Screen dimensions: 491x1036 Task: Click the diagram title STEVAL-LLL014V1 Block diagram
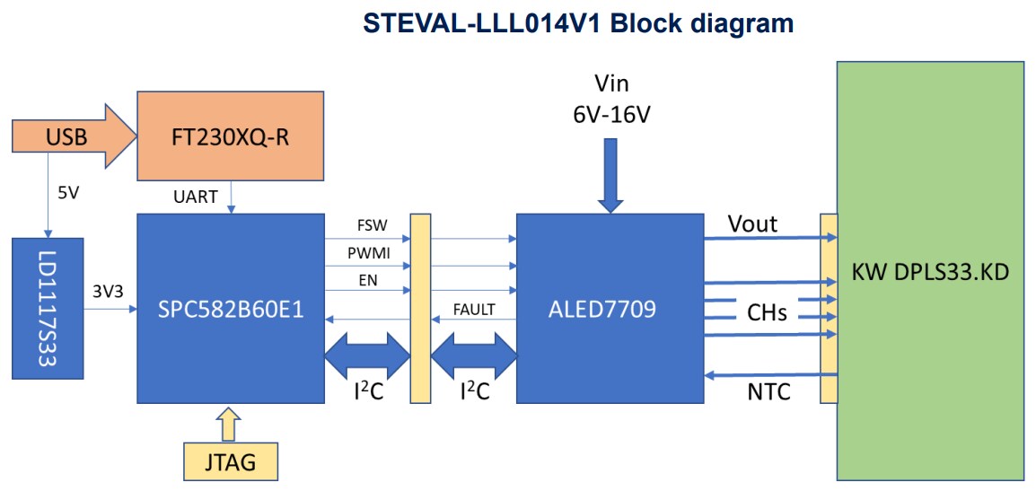tap(578, 23)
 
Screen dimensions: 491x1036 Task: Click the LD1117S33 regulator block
tap(48, 308)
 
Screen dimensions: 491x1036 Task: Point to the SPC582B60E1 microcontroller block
tap(230, 309)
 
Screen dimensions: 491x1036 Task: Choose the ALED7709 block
tap(610, 309)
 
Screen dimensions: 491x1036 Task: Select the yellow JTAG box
tap(230, 461)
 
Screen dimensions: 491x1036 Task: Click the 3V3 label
tap(108, 291)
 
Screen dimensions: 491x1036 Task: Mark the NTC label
tap(768, 391)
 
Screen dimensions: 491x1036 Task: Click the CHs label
tap(767, 312)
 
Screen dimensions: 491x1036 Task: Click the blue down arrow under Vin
tap(610, 175)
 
